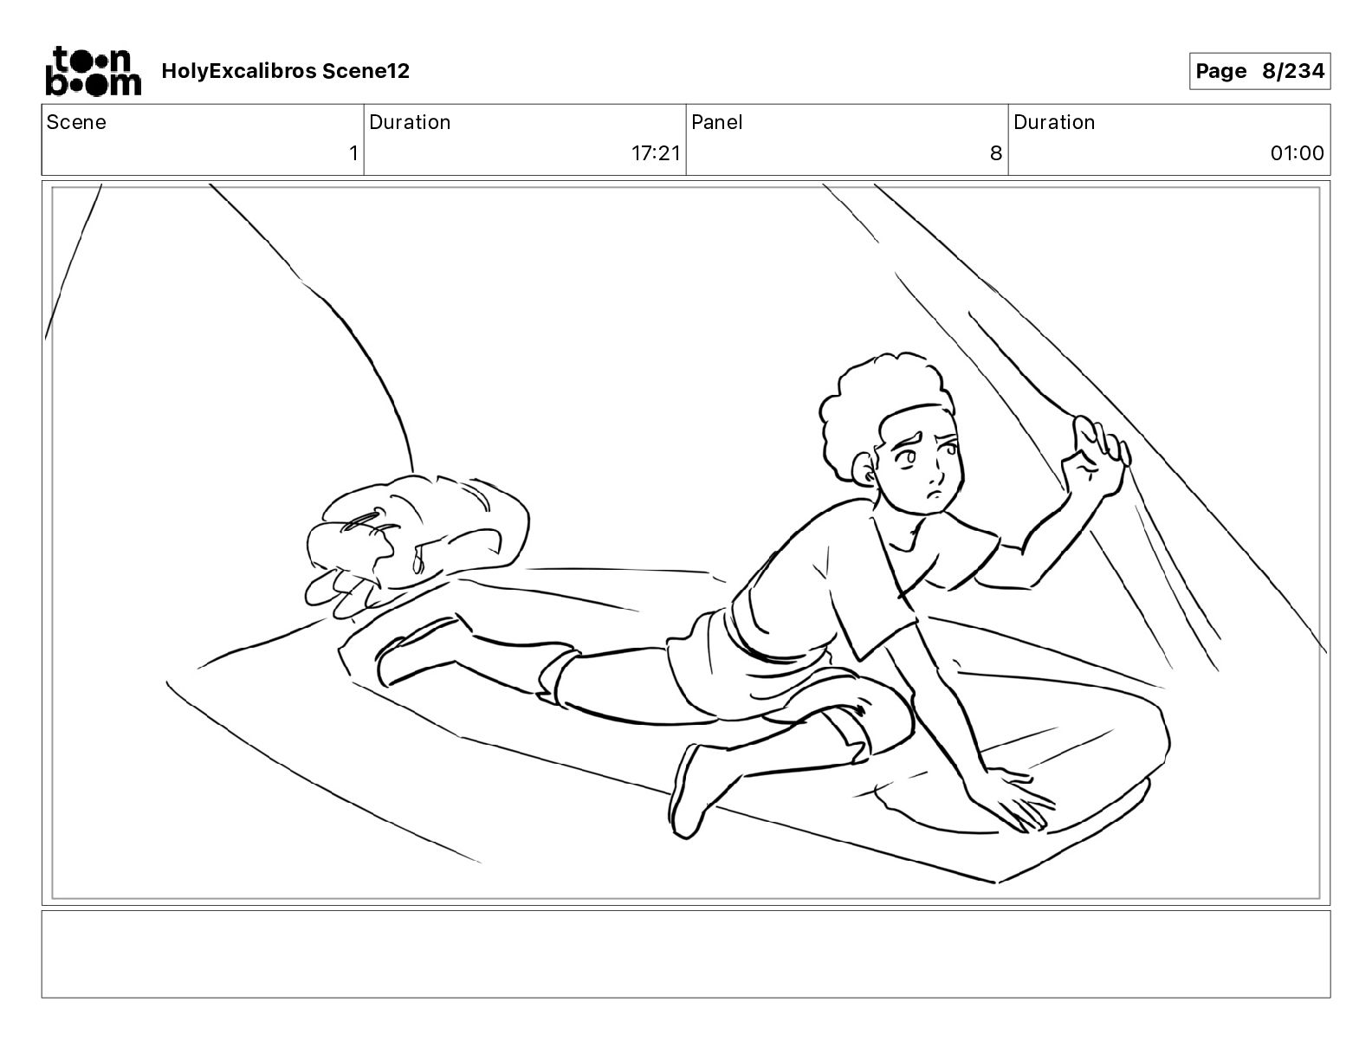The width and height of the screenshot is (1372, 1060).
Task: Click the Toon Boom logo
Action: [94, 71]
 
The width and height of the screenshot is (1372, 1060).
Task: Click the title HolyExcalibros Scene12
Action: [285, 71]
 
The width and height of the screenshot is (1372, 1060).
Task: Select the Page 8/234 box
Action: [1259, 71]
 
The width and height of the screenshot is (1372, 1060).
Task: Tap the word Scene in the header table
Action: [76, 122]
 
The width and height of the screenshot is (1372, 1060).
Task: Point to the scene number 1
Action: [353, 152]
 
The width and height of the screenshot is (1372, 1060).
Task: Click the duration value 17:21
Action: [656, 152]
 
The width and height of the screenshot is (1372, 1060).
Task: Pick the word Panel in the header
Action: [716, 122]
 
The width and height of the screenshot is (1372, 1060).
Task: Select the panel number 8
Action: [996, 152]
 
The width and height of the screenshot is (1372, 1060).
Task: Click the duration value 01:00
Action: [1297, 152]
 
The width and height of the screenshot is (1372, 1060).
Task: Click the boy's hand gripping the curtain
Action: [1096, 458]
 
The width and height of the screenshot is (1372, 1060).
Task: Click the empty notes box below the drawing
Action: [686, 954]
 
